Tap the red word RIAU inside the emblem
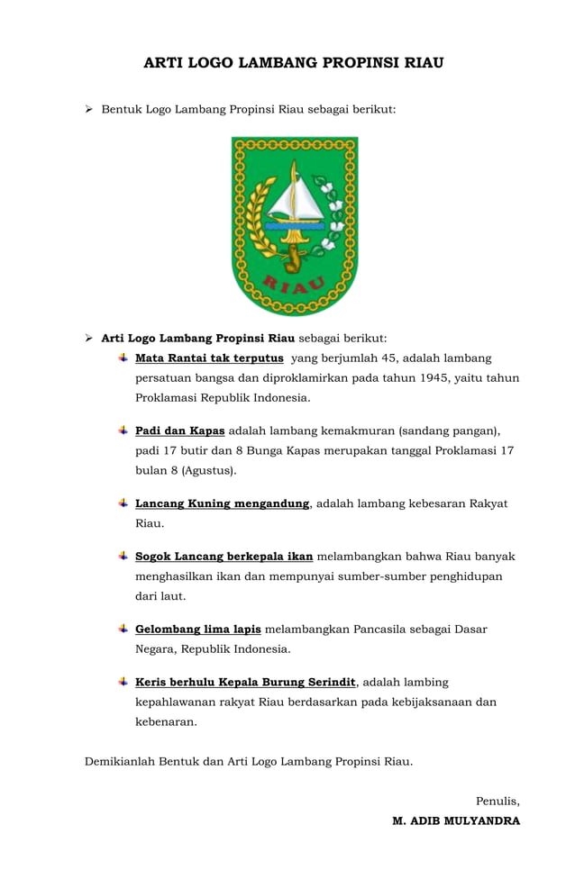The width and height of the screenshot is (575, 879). pos(294,287)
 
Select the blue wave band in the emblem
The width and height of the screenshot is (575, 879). pos(295,226)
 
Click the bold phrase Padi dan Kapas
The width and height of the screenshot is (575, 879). pos(179,430)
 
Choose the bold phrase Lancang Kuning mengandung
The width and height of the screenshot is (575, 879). pos(222,503)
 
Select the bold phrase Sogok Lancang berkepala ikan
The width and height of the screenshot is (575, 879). pos(224,557)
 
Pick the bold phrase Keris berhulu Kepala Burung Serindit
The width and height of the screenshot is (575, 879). pos(246,682)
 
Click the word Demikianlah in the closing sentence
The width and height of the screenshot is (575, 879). pos(120,761)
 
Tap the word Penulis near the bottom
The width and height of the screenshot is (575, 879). pos(497,801)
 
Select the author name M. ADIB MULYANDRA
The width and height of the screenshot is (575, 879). pos(456,820)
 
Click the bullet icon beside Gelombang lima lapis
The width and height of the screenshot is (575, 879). pos(123,628)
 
